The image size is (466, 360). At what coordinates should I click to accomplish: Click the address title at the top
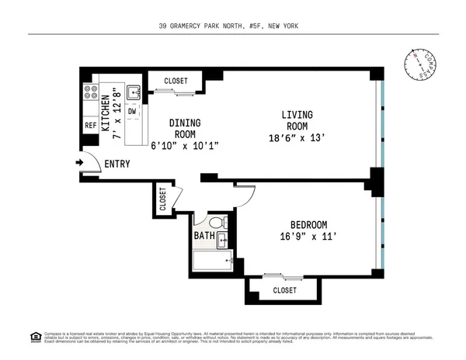click(234, 26)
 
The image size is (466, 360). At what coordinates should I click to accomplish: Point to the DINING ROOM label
click(185, 129)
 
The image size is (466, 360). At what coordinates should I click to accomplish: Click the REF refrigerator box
click(90, 126)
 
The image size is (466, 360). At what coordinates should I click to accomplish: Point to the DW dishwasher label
click(133, 112)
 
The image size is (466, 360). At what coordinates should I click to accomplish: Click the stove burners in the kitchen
click(89, 97)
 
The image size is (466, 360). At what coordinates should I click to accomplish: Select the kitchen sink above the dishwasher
click(134, 92)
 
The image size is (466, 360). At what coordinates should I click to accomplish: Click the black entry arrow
click(79, 163)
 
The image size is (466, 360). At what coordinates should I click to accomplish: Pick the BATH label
click(204, 235)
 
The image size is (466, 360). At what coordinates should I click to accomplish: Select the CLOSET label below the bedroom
click(284, 291)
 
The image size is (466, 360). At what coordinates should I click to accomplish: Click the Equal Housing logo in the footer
click(35, 337)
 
